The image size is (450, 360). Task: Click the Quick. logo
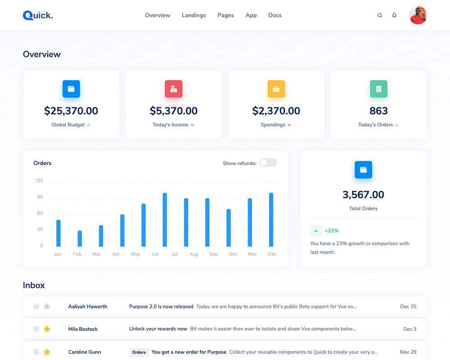[38, 15]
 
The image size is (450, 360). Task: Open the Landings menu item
[194, 15]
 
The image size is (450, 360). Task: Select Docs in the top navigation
[275, 15]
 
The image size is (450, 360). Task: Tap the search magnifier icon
[380, 15]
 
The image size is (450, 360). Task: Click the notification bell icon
[395, 15]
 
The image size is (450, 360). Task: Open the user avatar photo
[418, 15]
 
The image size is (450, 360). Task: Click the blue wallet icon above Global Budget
[71, 89]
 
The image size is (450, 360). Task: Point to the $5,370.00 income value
[174, 111]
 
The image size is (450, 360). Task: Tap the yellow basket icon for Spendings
[276, 89]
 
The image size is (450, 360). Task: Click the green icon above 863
[379, 89]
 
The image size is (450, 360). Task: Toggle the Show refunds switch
[268, 163]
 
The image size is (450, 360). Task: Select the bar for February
[80, 238]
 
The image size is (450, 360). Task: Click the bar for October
[229, 228]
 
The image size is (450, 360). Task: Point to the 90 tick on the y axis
[40, 197]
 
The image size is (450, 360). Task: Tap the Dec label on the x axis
[272, 254]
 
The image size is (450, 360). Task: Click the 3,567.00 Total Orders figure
[363, 195]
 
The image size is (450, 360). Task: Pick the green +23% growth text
[332, 231]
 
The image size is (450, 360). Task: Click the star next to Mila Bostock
[47, 329]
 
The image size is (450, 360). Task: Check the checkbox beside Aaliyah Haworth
[36, 306]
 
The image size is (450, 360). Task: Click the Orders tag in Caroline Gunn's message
[139, 352]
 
